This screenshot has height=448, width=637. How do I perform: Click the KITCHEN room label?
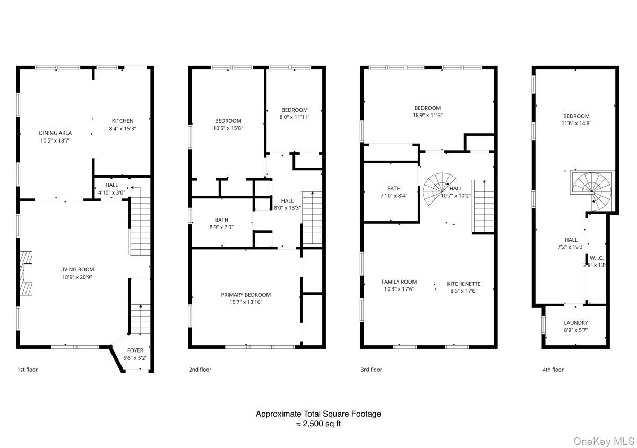coord(123,121)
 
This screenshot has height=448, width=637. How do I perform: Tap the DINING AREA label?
coord(55,133)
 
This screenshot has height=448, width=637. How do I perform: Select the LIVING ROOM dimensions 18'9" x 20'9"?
coord(77,277)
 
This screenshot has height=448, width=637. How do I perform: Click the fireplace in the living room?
coord(26,273)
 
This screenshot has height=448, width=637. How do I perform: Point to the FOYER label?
coord(135,350)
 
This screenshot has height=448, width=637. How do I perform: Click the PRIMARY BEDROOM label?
coord(246,295)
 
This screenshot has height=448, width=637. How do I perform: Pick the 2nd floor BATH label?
coord(221,220)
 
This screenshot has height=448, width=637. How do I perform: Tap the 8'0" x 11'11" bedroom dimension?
coord(294,117)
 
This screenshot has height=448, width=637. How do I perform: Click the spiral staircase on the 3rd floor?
coord(439,189)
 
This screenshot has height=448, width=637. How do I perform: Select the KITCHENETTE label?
coord(463,284)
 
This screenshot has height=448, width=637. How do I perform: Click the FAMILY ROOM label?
coord(399,282)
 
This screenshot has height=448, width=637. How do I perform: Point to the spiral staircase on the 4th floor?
coord(591,191)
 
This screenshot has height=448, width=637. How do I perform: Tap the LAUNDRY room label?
coord(576,323)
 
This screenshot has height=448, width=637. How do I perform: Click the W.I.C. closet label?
coord(596,258)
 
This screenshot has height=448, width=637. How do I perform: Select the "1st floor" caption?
coord(28,370)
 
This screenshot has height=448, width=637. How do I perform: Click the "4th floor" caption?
coord(553,370)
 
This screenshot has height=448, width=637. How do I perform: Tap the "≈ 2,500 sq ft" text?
coord(318,424)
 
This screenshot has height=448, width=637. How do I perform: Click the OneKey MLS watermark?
coord(604,441)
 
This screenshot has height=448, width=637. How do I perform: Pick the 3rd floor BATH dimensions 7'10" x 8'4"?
coord(394,196)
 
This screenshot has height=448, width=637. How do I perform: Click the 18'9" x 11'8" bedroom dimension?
coord(427,115)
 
